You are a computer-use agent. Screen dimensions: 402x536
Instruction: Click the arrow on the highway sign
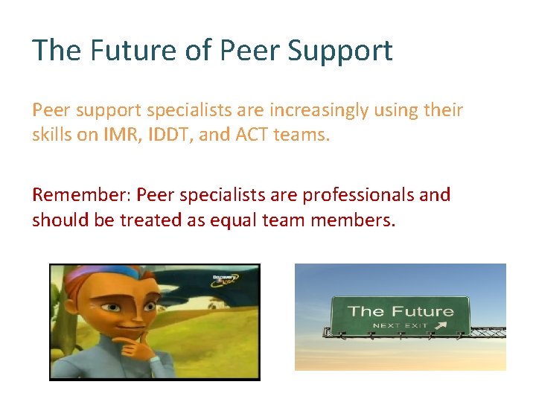pyautogui.click(x=441, y=325)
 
